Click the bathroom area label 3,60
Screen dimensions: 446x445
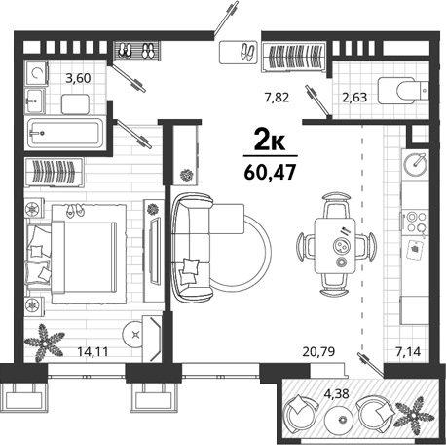click(x=78, y=78)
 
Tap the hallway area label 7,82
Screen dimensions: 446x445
click(x=277, y=98)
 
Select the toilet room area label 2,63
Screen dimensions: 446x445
click(x=354, y=98)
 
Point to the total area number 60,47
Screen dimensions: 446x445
click(x=270, y=172)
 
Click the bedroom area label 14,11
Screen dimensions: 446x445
click(x=93, y=351)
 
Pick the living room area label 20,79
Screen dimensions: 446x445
click(x=318, y=351)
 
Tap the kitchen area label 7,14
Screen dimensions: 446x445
click(x=408, y=351)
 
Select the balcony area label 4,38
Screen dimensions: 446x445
click(x=337, y=394)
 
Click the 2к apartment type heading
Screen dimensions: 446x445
click(x=270, y=140)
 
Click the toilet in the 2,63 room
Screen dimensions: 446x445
click(x=403, y=91)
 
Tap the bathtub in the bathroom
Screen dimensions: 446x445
click(x=65, y=133)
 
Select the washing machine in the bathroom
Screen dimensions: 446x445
click(x=36, y=73)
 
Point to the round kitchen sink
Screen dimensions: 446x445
click(x=414, y=165)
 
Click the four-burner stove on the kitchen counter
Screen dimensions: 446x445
click(x=416, y=222)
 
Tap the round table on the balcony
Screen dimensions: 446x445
click(x=341, y=420)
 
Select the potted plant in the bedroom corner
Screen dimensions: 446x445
click(x=44, y=343)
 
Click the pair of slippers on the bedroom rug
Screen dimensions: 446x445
click(x=75, y=211)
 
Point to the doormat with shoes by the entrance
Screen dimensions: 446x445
click(x=239, y=52)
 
